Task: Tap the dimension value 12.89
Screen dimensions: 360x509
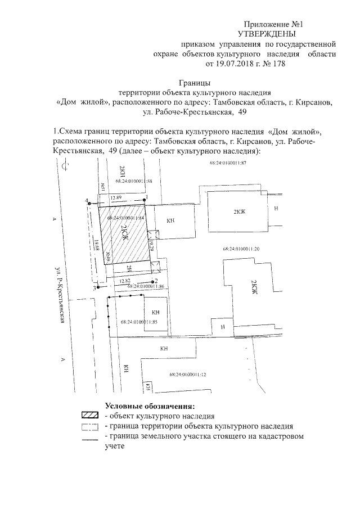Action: tap(116, 197)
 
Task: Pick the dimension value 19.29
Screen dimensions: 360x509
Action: tap(150, 244)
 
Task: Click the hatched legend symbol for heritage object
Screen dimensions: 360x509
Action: tap(91, 416)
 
